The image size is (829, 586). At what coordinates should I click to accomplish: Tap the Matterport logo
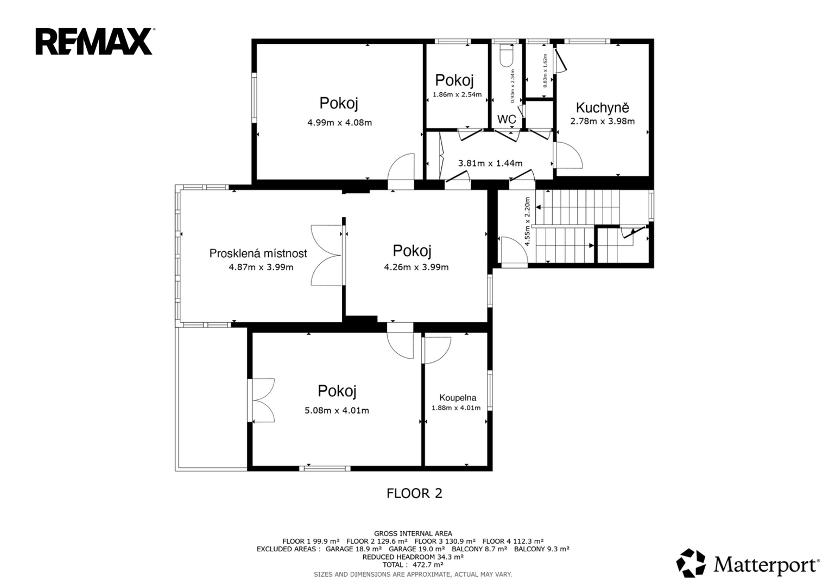click(747, 564)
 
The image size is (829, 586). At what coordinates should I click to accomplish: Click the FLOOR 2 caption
click(414, 493)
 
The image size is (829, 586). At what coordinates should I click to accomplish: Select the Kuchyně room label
click(603, 107)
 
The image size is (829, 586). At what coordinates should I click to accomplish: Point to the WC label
click(507, 119)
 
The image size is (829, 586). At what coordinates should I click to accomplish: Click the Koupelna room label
click(458, 398)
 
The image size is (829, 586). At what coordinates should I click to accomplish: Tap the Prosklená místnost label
click(258, 253)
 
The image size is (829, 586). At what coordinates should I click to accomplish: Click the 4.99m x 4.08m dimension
click(339, 123)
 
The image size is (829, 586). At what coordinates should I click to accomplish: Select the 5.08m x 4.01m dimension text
click(337, 410)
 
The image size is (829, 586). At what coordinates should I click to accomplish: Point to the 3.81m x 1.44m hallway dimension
click(490, 163)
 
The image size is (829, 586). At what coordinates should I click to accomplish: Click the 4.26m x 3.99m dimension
click(416, 267)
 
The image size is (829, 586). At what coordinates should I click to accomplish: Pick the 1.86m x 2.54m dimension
click(457, 94)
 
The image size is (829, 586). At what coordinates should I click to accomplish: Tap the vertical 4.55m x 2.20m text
click(528, 221)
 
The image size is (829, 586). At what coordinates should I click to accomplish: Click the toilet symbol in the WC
click(505, 55)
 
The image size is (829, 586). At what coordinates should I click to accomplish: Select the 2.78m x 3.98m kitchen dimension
click(603, 122)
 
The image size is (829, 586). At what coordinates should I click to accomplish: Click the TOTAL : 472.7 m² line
click(413, 564)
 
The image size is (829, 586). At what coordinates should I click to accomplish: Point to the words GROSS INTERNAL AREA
click(413, 533)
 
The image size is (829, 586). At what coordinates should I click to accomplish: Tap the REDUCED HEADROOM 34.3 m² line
click(413, 557)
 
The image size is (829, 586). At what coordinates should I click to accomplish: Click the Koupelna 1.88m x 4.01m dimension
click(456, 408)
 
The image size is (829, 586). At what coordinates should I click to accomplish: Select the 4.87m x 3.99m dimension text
click(261, 267)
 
